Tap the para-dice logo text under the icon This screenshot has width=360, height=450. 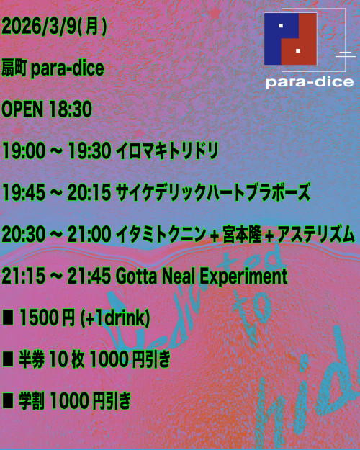(309, 82)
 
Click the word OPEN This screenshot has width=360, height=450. (23, 110)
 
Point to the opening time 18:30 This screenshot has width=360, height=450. (70, 110)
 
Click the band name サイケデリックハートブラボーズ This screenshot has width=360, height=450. (213, 193)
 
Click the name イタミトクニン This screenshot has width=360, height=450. (164, 234)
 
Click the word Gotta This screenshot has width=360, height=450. (135, 276)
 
